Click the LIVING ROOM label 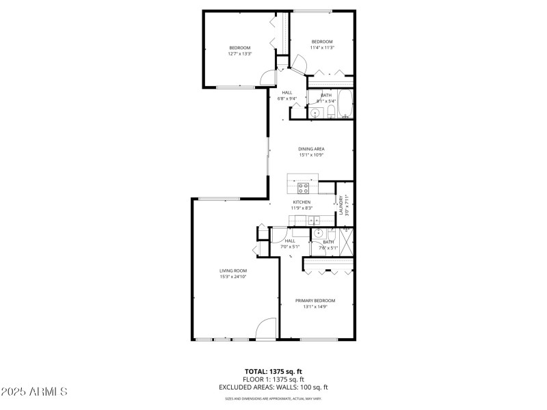coord(233,271)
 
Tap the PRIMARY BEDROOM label coord(315,301)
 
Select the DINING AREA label coord(311,149)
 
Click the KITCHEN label coord(302,202)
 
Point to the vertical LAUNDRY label coord(341,205)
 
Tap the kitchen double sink coord(314,220)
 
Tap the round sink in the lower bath coord(318,233)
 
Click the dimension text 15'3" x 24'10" coord(233,277)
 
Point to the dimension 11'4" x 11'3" coord(321,47)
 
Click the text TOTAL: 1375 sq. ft coord(273,372)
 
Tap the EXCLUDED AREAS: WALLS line coord(273,387)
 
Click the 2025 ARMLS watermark coord(34,392)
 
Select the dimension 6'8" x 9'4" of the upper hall coord(286,98)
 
